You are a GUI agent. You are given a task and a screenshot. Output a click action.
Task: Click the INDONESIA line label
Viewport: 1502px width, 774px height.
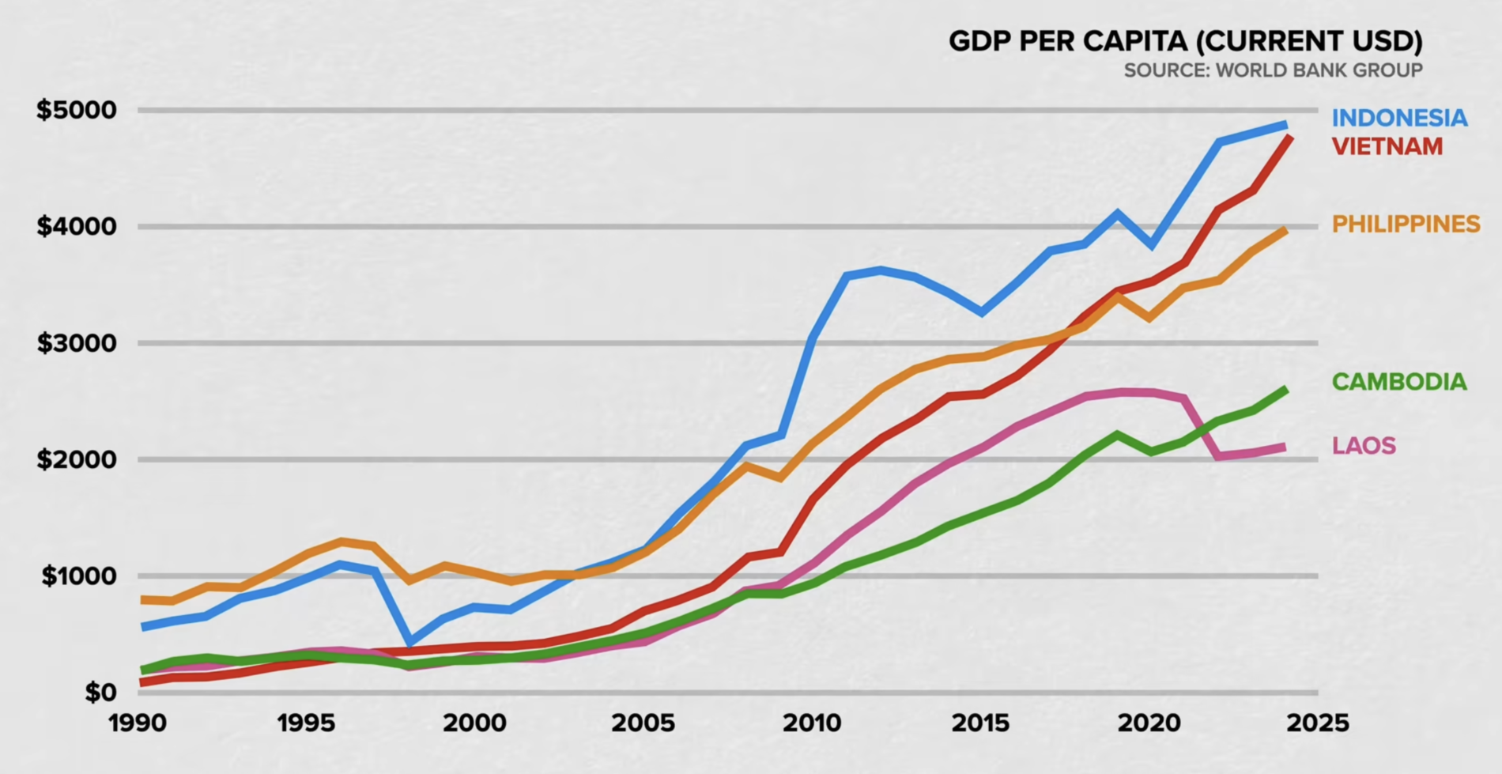click(1399, 118)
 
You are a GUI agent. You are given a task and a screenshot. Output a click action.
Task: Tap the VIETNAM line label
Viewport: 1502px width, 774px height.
click(1387, 146)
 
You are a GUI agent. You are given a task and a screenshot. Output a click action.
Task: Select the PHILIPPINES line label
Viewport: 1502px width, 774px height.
click(1406, 224)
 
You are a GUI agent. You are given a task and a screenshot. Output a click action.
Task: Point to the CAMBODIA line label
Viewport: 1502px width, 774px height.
click(1398, 382)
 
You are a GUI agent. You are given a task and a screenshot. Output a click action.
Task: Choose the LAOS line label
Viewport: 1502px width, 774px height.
click(1364, 446)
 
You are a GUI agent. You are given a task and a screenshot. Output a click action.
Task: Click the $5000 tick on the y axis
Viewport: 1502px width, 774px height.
click(76, 110)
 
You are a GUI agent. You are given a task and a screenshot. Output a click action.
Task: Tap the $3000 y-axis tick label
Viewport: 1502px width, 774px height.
click(76, 343)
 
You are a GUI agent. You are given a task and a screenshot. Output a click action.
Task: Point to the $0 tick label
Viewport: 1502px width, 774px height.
click(100, 693)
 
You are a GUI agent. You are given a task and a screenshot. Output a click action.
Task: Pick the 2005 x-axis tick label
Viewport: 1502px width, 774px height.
click(643, 723)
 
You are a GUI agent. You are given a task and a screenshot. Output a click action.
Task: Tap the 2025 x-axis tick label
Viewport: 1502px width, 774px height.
click(1317, 723)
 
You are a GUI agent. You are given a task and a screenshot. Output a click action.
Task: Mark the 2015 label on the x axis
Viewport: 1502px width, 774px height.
click(980, 723)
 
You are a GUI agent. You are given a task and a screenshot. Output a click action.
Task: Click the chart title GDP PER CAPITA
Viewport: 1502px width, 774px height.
click(1185, 41)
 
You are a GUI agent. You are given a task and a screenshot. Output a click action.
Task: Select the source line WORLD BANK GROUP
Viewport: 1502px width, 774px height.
click(1273, 70)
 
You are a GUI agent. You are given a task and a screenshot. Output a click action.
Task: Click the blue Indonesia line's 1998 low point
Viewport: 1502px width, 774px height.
click(409, 641)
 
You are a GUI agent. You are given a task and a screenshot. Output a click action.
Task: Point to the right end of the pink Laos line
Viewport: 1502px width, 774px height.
click(1284, 447)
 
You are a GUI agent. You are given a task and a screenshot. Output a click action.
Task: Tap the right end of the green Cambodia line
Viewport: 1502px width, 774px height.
click(1285, 390)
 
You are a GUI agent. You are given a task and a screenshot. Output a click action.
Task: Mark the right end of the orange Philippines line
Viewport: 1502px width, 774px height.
click(1285, 230)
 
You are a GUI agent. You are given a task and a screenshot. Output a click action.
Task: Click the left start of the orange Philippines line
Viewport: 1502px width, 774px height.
click(143, 600)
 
